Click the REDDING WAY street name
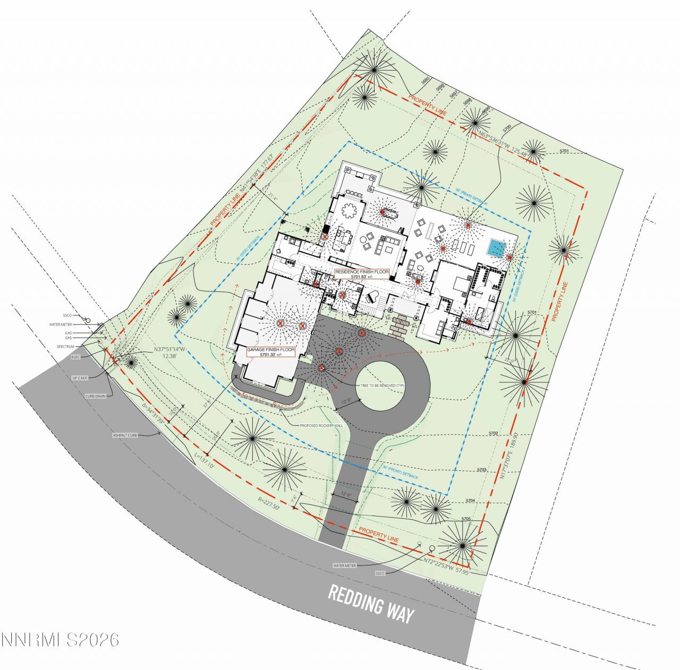(370, 604)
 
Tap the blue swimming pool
(497, 248)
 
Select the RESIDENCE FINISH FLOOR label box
(362, 274)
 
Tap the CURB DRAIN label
(96, 396)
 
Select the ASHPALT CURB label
(125, 435)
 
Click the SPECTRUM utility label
(66, 347)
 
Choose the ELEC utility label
(76, 357)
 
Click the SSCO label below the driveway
(380, 573)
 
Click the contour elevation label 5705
(466, 519)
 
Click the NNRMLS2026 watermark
(60, 640)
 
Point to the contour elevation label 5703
(482, 470)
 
